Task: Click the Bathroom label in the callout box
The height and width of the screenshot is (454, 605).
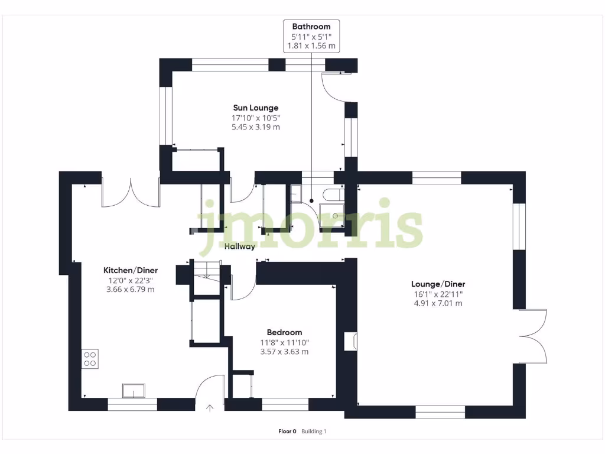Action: pyautogui.click(x=311, y=26)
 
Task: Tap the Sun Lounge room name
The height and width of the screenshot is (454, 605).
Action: pyautogui.click(x=255, y=108)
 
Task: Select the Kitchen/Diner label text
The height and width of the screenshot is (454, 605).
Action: pyautogui.click(x=131, y=270)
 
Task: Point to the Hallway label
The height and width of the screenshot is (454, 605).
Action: pyautogui.click(x=240, y=247)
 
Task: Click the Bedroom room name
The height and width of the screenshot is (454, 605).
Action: pyautogui.click(x=284, y=332)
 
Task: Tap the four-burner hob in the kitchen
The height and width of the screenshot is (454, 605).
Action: pyautogui.click(x=90, y=358)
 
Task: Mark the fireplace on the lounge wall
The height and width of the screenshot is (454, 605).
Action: pyautogui.click(x=350, y=341)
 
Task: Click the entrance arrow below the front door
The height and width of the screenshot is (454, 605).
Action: pyautogui.click(x=210, y=407)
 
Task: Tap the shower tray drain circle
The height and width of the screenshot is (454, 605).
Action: pyautogui.click(x=335, y=216)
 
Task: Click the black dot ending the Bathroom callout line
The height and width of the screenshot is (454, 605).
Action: pyautogui.click(x=311, y=201)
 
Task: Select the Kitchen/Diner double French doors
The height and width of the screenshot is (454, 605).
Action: pyautogui.click(x=131, y=192)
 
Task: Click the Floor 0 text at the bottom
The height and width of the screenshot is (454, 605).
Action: pyautogui.click(x=287, y=432)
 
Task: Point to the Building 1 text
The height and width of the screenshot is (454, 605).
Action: pyautogui.click(x=314, y=432)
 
